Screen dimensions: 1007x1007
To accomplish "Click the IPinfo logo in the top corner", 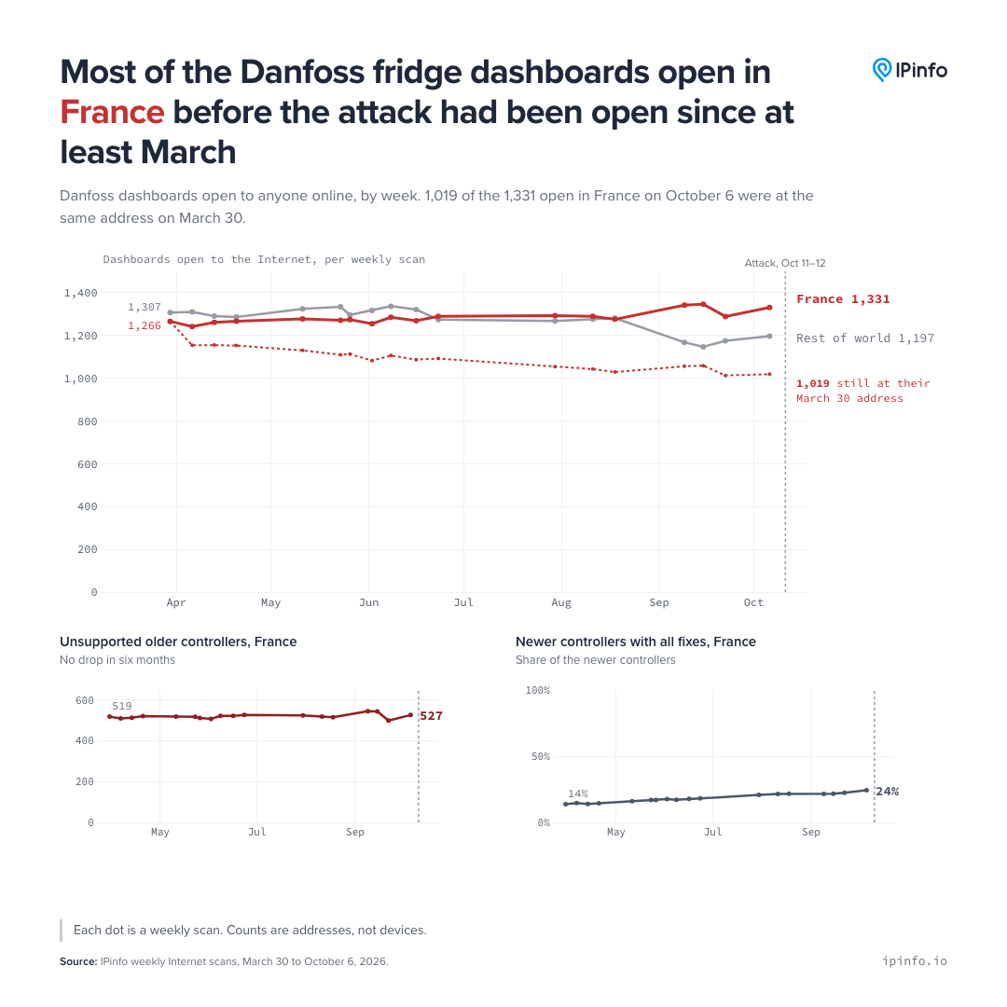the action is (909, 70).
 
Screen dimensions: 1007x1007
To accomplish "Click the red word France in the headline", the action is (113, 113).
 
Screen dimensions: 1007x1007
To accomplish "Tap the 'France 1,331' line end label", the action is (843, 299).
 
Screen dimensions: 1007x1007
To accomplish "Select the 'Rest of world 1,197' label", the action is (865, 338).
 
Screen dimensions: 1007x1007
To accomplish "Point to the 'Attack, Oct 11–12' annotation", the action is (785, 263).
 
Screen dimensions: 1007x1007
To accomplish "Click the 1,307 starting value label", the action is (145, 307).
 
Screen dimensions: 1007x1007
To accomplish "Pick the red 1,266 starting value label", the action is (145, 325).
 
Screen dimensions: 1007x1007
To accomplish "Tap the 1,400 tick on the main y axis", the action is (81, 293).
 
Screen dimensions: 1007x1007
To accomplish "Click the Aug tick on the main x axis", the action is (561, 602).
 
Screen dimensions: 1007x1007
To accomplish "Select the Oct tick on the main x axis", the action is (753, 602).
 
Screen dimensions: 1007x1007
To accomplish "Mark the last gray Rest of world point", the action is (769, 336).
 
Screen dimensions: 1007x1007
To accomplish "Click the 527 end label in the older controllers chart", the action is (431, 716).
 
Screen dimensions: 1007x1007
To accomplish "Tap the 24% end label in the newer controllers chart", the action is (888, 792).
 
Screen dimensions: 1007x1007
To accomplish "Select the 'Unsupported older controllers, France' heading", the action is (178, 641).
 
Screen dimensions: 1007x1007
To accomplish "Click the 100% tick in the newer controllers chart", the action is (538, 690).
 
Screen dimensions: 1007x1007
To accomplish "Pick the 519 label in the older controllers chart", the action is (122, 706).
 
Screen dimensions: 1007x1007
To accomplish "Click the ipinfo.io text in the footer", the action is (915, 960).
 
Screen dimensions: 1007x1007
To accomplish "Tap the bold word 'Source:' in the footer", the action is (78, 961).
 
